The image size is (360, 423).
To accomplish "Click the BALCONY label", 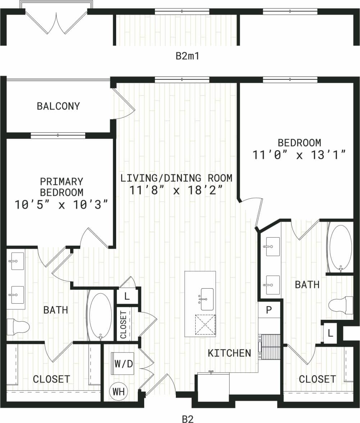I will [x=58, y=106].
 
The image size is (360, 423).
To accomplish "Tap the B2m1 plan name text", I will [x=187, y=56].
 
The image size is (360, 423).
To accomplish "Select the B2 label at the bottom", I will [x=188, y=419].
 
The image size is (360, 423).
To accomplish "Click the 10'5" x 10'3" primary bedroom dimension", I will [x=61, y=205].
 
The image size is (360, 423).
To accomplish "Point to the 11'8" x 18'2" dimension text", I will [x=176, y=190].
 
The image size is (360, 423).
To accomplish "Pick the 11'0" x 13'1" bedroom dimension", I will [x=299, y=155].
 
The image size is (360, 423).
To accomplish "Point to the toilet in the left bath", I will [x=18, y=327].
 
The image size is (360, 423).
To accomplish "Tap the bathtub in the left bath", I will [x=100, y=316].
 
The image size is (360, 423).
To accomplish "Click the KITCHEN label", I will [x=229, y=353].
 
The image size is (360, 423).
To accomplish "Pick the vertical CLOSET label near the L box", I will [x=123, y=325].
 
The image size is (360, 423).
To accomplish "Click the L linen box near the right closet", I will [x=330, y=334].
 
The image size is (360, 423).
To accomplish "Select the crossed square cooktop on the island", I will [x=205, y=324].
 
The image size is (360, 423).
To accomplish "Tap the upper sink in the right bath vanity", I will [x=273, y=246].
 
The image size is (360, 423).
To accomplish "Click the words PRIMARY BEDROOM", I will [x=61, y=187].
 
